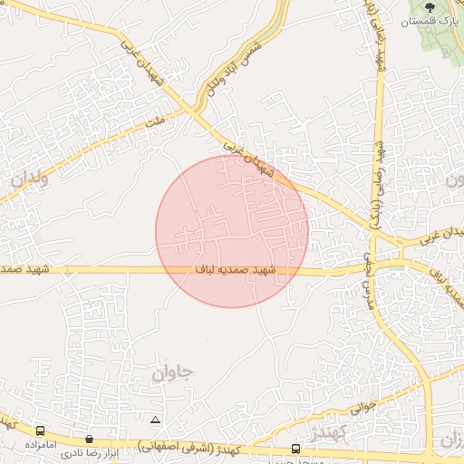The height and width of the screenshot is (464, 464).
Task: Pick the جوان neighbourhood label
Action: click(174, 371)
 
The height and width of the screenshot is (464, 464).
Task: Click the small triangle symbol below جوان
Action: click(156, 420)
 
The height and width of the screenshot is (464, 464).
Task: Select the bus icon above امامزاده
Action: click(41, 431)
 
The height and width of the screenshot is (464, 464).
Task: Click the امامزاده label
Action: click(42, 445)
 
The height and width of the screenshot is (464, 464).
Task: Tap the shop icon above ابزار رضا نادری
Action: click(89, 440)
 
